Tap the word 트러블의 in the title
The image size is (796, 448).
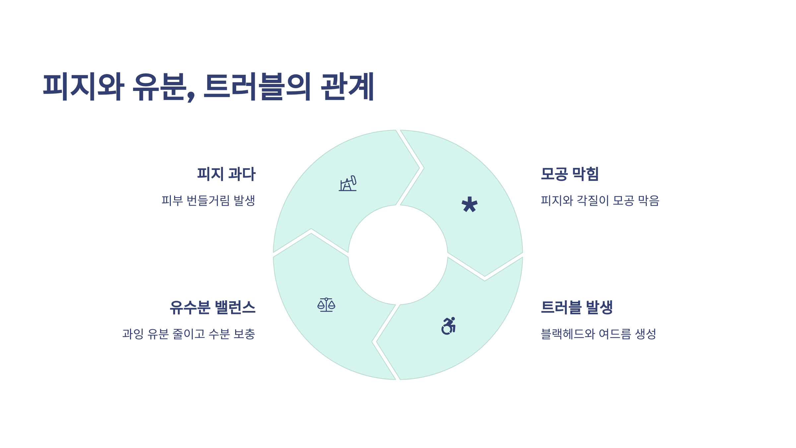257,87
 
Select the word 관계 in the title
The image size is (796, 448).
347,87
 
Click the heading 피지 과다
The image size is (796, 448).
226,174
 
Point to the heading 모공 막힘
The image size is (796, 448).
569,174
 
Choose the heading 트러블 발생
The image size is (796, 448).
576,307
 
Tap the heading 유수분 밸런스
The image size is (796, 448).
213,307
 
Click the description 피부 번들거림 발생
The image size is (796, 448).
208,200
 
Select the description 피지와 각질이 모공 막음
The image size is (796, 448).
600,200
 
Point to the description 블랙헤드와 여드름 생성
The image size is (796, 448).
598,334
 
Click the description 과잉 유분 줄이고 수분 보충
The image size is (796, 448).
189,334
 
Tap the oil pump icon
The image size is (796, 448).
348,184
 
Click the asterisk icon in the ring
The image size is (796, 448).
469,204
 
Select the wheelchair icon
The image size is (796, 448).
448,326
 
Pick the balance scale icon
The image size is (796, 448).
326,305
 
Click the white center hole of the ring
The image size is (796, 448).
398,255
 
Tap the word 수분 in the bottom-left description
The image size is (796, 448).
219,334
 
